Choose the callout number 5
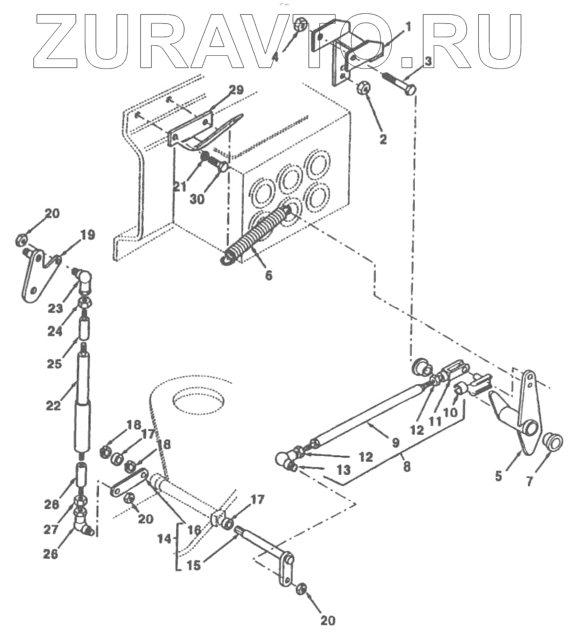tap(498, 477)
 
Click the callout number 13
tap(344, 471)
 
